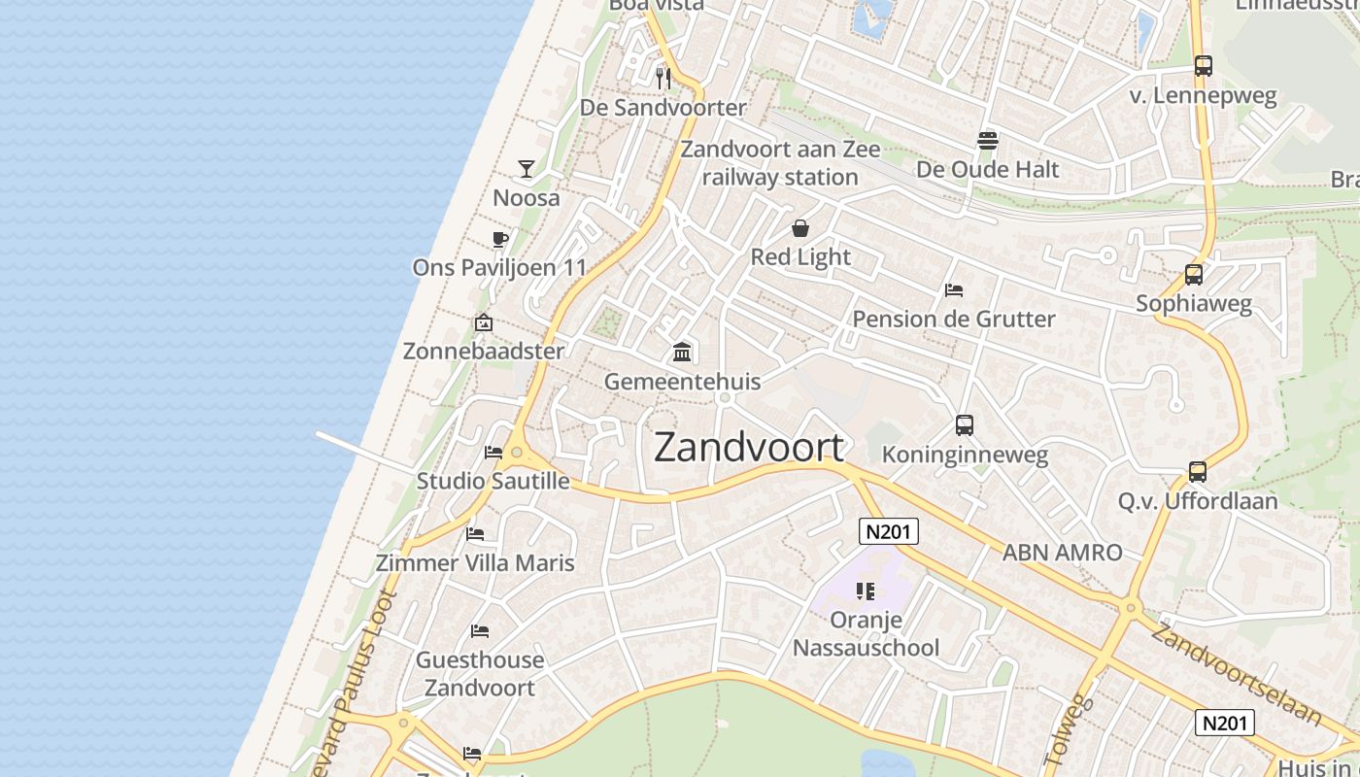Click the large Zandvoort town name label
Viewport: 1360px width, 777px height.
(748, 447)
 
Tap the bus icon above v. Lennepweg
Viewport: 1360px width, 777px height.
(1203, 66)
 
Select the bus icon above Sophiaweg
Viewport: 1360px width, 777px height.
(1193, 275)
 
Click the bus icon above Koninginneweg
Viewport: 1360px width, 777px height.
(964, 424)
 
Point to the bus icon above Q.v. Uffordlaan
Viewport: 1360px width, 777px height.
(1197, 472)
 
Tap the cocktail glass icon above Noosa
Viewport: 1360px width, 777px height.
(526, 169)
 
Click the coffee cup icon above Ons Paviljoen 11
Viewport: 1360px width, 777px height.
(500, 239)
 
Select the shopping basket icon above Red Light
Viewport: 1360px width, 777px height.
(800, 228)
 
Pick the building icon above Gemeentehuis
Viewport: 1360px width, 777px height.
(682, 352)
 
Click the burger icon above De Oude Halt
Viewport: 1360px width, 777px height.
(988, 140)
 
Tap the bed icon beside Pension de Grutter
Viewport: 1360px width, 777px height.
(953, 290)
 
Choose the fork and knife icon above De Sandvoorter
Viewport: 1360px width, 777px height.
(663, 78)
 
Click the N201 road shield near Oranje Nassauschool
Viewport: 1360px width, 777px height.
(889, 530)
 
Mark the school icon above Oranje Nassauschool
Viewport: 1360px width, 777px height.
(866, 591)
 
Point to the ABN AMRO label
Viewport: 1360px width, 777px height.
(1062, 553)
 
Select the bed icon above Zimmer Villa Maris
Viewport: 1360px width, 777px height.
(475, 533)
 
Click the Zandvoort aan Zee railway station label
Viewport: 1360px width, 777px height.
(780, 163)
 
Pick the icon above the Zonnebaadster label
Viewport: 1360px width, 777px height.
(483, 322)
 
